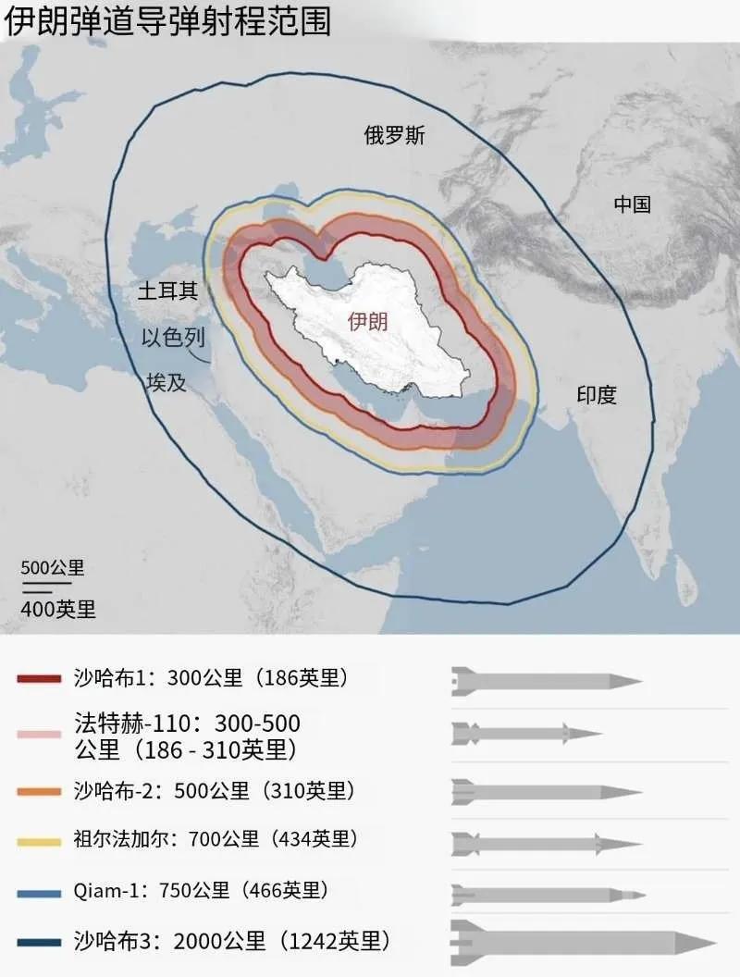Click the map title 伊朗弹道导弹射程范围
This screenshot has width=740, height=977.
(167, 20)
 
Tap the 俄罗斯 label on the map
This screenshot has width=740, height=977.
(394, 135)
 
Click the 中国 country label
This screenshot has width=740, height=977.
(633, 204)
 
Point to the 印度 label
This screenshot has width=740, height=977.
(597, 395)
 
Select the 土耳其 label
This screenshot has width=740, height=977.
(167, 291)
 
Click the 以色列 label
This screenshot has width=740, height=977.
(172, 338)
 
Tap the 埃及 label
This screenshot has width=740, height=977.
(166, 382)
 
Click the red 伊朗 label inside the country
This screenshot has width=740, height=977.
(367, 321)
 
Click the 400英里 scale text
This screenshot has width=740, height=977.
(58, 609)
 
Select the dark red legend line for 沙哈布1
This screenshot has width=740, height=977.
(39, 678)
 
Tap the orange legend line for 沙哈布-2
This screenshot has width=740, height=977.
(39, 792)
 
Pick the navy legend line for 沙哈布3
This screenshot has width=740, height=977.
(39, 942)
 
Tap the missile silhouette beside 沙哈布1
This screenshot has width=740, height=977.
(546, 682)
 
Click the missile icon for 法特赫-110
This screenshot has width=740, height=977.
(526, 734)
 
